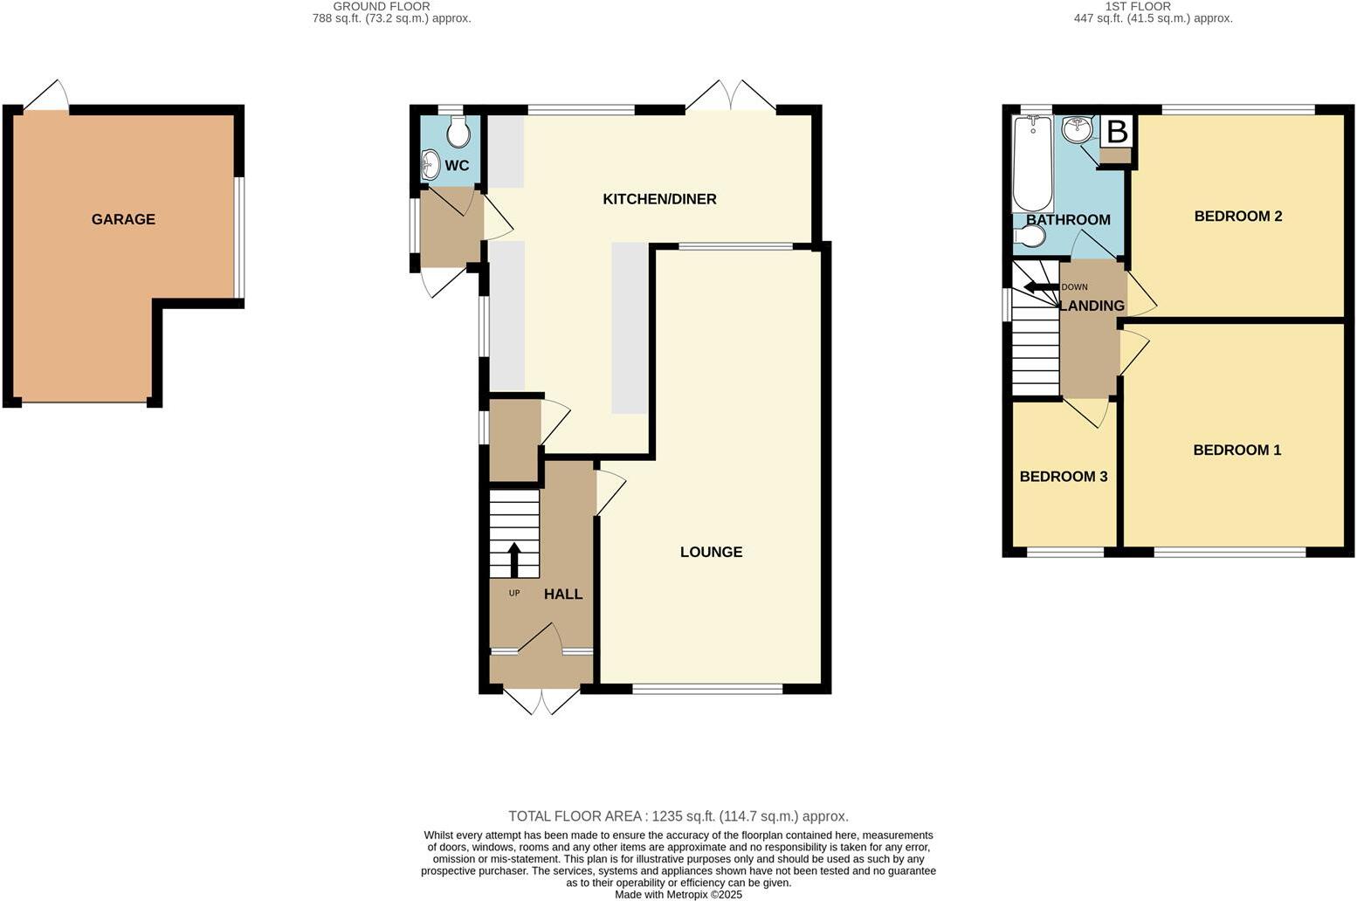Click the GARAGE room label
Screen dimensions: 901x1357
[x=123, y=219]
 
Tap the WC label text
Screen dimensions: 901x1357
[x=457, y=166]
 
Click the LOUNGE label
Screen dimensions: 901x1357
[x=711, y=552]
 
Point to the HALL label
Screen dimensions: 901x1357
[x=563, y=594]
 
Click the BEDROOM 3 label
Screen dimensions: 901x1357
[x=1064, y=477]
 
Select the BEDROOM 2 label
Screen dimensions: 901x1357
[x=1237, y=216]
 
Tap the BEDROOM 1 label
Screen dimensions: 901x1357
[x=1236, y=450]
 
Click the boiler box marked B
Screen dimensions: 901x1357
[x=1116, y=132]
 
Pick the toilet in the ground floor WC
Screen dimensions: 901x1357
[x=458, y=133]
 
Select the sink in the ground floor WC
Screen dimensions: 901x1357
[x=430, y=164]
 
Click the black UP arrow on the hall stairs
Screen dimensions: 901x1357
[x=513, y=560]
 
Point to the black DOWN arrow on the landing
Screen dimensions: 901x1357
[x=1040, y=286]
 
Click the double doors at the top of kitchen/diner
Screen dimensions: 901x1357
[x=730, y=96]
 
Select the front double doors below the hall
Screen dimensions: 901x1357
[x=542, y=700]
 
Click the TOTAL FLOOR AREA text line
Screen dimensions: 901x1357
[x=678, y=816]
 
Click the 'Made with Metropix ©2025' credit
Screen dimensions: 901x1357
[x=678, y=894]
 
